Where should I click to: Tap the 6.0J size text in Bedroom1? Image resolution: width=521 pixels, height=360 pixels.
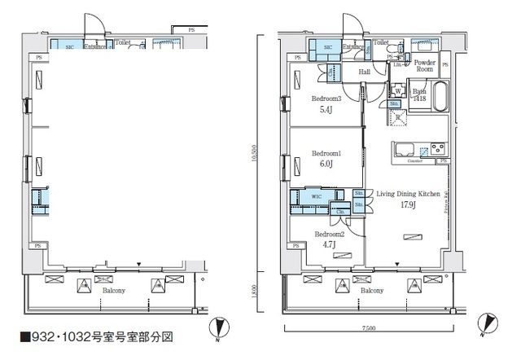coord(326,161)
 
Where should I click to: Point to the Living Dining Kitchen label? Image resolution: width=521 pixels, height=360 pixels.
coord(409,194)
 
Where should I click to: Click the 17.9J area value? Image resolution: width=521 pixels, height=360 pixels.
coord(409,205)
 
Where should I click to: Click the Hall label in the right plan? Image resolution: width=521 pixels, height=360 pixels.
coord(366,72)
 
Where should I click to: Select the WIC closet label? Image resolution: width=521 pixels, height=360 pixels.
coord(317,196)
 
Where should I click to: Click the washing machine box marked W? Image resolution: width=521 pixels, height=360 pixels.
coord(398,90)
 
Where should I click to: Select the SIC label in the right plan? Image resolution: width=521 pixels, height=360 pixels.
coord(327,48)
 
